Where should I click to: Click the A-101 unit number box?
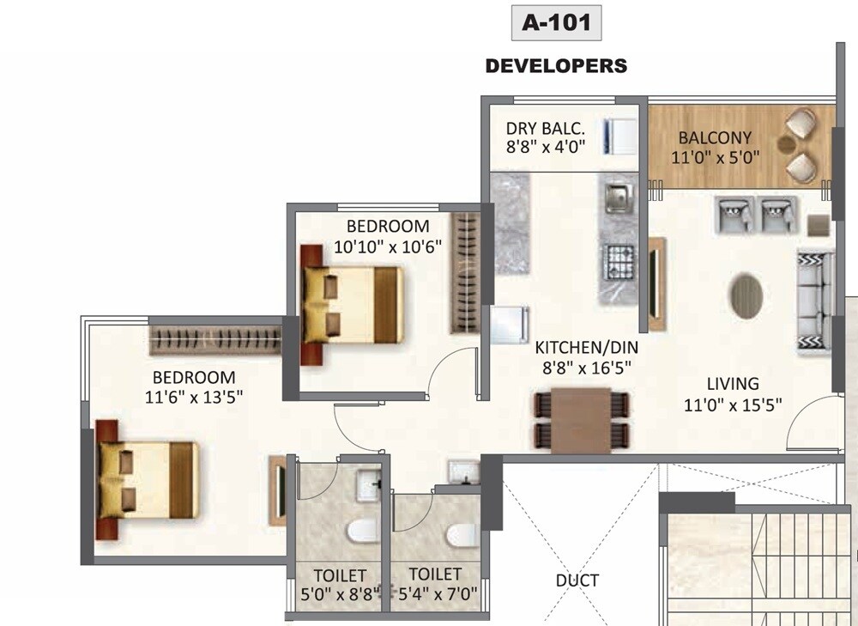click(x=556, y=23)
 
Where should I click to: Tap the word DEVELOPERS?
click(x=556, y=66)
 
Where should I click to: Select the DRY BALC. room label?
click(x=546, y=129)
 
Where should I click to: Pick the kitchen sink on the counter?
click(x=617, y=198)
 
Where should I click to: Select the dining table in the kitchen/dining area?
click(x=581, y=420)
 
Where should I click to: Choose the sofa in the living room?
click(x=814, y=302)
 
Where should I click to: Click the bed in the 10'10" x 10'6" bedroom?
click(x=352, y=305)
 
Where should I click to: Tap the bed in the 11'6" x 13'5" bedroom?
click(x=148, y=480)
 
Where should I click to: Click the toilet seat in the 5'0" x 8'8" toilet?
click(x=361, y=530)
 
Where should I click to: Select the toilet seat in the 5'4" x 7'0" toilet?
click(x=461, y=534)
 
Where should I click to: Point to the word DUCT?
click(x=577, y=581)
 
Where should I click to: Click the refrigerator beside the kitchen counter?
click(x=510, y=325)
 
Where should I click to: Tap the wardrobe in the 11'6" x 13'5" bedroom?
click(x=216, y=337)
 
